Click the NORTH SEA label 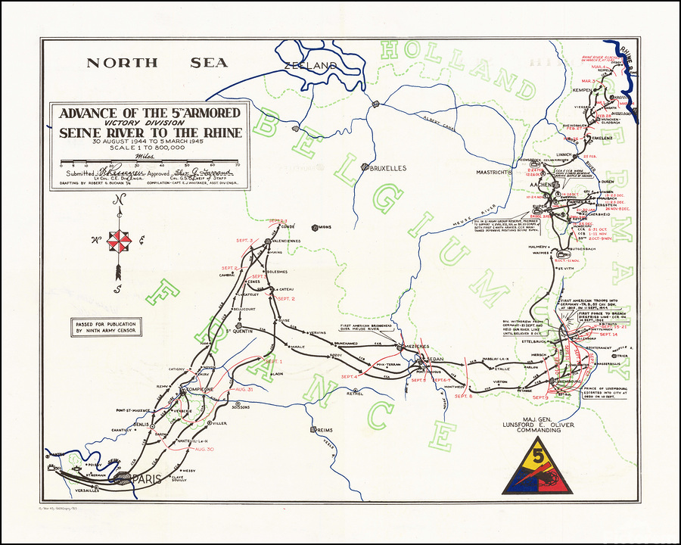157,63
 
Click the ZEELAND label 310,66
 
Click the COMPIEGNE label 196,389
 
